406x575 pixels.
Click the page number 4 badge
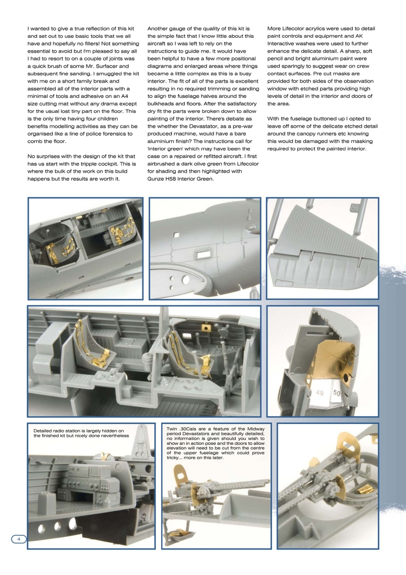click(18, 539)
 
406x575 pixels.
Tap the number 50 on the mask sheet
click(337, 393)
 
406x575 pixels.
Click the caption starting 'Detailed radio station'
click(81, 433)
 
